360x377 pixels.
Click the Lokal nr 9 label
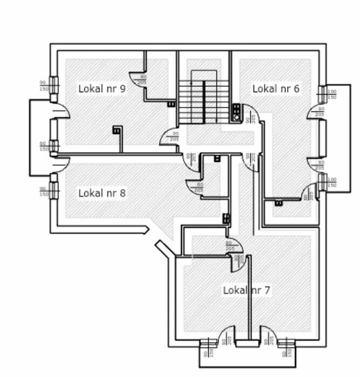coord(102,88)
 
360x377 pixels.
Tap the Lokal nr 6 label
coord(276,88)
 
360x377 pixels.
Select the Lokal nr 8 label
coord(102,193)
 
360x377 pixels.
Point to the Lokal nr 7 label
coord(247,290)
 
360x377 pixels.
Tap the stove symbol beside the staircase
coord(236,112)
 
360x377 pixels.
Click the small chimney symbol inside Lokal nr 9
coord(117,129)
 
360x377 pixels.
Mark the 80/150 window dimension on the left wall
coord(43,146)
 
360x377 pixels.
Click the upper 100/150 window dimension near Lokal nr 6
coord(332,94)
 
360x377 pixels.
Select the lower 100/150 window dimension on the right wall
coord(332,182)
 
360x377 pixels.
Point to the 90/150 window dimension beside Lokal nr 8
coord(43,191)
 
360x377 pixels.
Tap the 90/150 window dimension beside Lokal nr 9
coord(43,85)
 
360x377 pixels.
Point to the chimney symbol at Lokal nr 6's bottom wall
coord(279,203)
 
